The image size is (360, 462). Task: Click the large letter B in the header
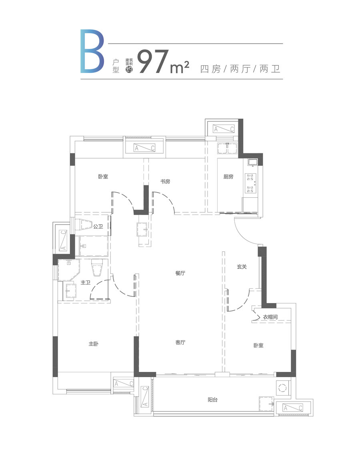tap(92, 51)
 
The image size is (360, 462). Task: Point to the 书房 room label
tap(165, 181)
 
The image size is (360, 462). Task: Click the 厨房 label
tap(228, 177)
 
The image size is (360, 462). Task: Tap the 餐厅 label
tap(180, 273)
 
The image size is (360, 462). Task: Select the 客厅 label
tap(180, 342)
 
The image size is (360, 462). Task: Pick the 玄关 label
tap(242, 267)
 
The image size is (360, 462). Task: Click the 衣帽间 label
tap(270, 317)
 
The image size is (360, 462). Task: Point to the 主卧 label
tap(94, 343)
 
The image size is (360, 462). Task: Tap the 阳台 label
tap(212, 400)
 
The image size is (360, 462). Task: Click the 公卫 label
tap(98, 226)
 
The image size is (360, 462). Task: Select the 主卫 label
tap(85, 282)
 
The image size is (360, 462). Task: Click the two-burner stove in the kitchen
tap(250, 183)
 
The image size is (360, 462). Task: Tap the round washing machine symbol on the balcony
tap(282, 388)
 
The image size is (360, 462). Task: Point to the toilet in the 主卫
tap(97, 267)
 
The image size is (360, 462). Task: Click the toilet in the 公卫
tap(84, 225)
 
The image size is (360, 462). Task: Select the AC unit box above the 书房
tap(144, 148)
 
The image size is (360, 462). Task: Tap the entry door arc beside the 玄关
tap(245, 233)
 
